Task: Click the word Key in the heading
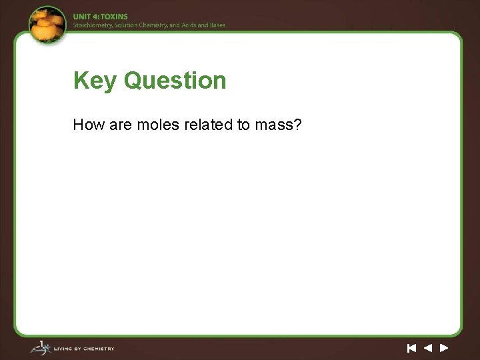pos(95,81)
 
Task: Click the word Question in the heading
pos(175,81)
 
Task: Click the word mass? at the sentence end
pos(279,124)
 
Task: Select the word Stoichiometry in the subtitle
pos(93,25)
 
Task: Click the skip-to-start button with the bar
pos(411,347)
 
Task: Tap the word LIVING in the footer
pos(63,349)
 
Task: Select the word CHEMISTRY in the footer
pos(98,349)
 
